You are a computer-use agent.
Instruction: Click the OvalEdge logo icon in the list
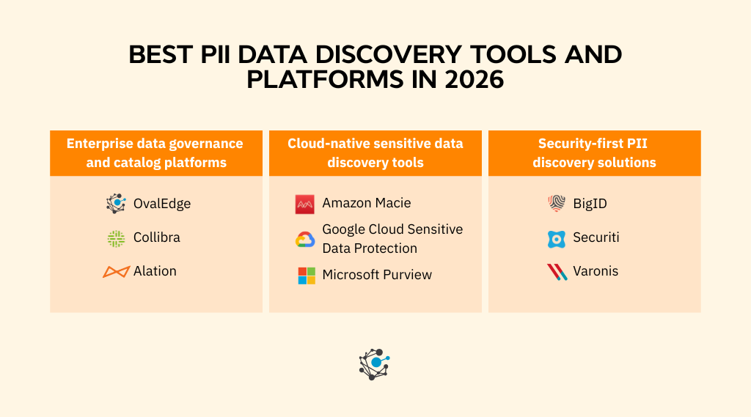pyautogui.click(x=116, y=204)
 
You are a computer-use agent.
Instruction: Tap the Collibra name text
pyautogui.click(x=156, y=237)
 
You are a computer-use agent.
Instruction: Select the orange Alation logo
pyautogui.click(x=116, y=272)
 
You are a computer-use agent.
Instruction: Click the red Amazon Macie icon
pyautogui.click(x=305, y=204)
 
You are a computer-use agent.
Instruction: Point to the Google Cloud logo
pyautogui.click(x=305, y=240)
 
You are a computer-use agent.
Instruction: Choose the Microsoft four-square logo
pyautogui.click(x=306, y=276)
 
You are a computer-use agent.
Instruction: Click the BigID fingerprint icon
pyautogui.click(x=557, y=204)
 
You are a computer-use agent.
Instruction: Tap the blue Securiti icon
pyautogui.click(x=557, y=238)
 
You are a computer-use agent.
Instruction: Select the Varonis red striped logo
pyautogui.click(x=557, y=272)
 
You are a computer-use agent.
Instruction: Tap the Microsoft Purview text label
pyautogui.click(x=377, y=275)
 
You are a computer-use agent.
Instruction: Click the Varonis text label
pyautogui.click(x=596, y=271)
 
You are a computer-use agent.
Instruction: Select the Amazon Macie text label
pyautogui.click(x=366, y=203)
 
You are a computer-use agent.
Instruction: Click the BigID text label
pyautogui.click(x=590, y=204)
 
